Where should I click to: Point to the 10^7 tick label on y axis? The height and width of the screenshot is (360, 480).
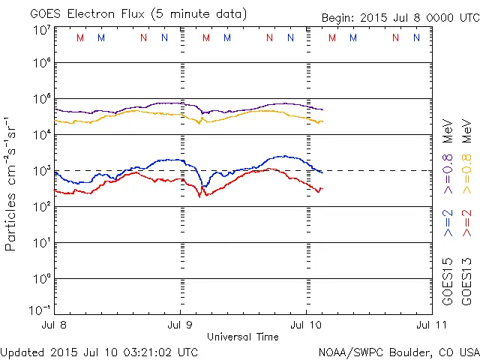(41, 30)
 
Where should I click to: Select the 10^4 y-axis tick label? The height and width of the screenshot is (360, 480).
(41, 134)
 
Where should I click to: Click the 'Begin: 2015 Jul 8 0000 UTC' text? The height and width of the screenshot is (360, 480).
(400, 17)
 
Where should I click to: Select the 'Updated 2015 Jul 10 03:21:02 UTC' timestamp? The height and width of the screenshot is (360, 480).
(100, 352)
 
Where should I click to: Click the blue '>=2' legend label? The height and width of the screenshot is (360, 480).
(447, 223)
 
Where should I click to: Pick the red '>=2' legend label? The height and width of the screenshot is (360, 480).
(466, 223)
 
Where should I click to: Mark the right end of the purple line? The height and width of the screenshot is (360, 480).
(322, 110)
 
